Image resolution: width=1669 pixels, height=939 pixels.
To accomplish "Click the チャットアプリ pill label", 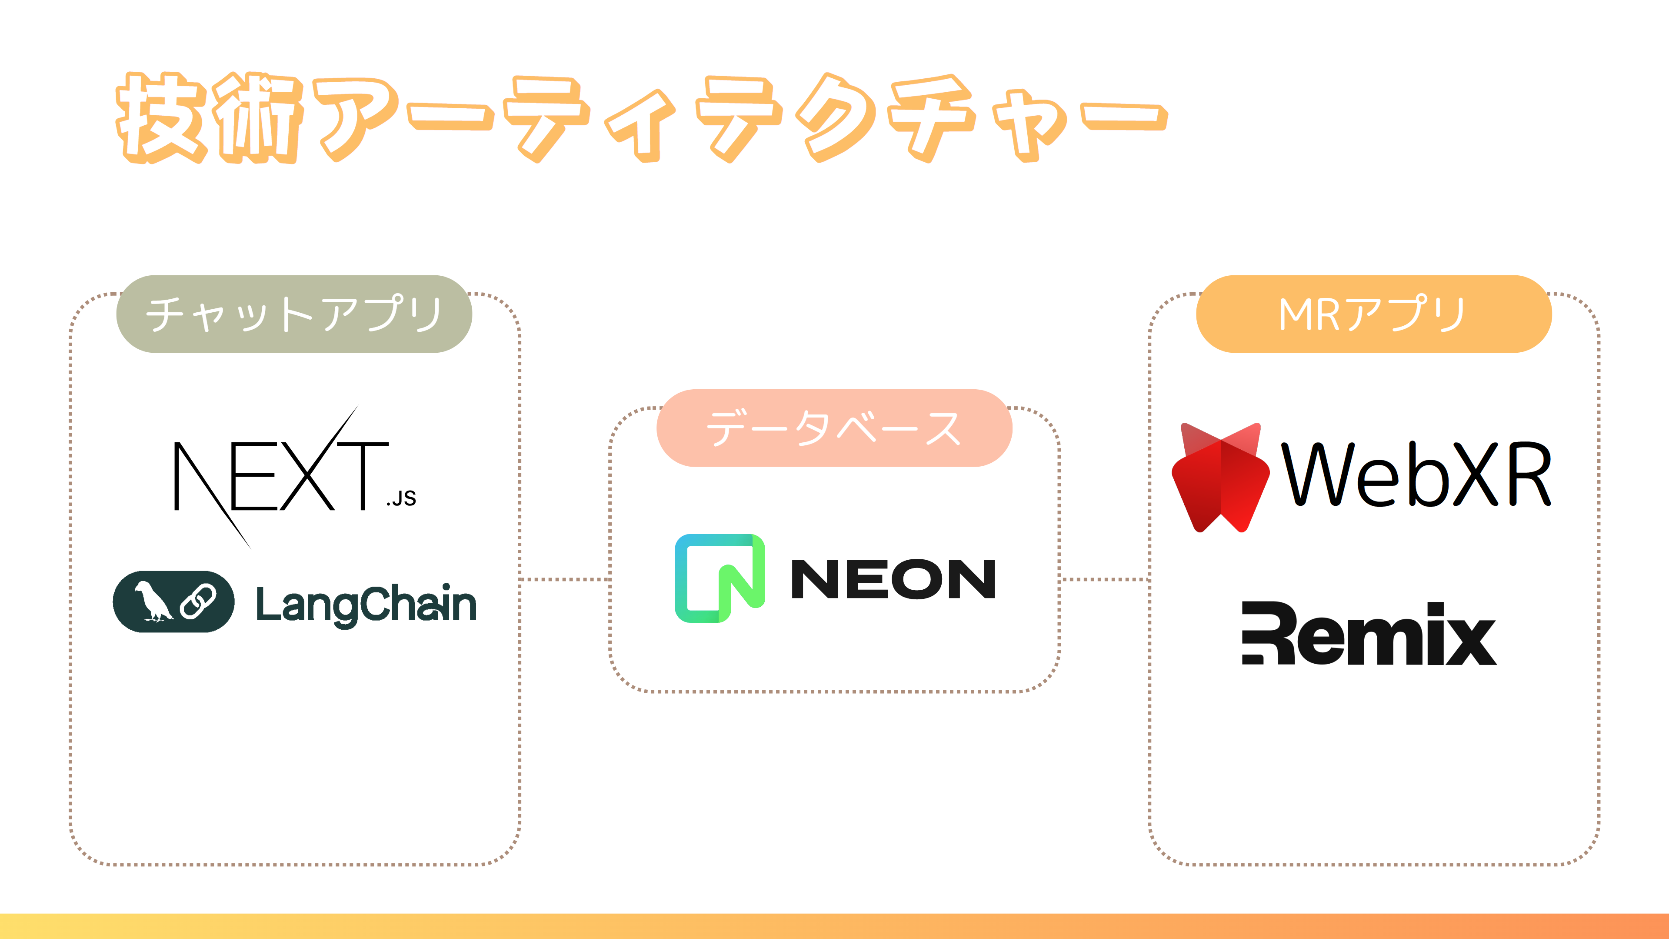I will (x=294, y=314).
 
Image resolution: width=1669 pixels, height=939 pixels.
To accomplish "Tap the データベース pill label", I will (x=834, y=428).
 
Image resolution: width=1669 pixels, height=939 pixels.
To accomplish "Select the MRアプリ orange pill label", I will (x=1373, y=314).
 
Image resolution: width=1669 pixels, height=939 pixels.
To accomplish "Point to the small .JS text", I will (x=401, y=498).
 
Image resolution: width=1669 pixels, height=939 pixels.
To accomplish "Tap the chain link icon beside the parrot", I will (x=198, y=601).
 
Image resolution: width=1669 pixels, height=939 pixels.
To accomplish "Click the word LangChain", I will (x=366, y=604).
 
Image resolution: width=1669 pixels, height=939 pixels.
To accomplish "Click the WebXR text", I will (x=1416, y=475).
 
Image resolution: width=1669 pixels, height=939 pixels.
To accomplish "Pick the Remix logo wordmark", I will (x=1369, y=633).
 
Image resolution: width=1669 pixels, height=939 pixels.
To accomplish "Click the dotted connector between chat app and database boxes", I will (x=564, y=579).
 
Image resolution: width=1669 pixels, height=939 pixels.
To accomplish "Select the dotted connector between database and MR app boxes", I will (x=1105, y=579).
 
